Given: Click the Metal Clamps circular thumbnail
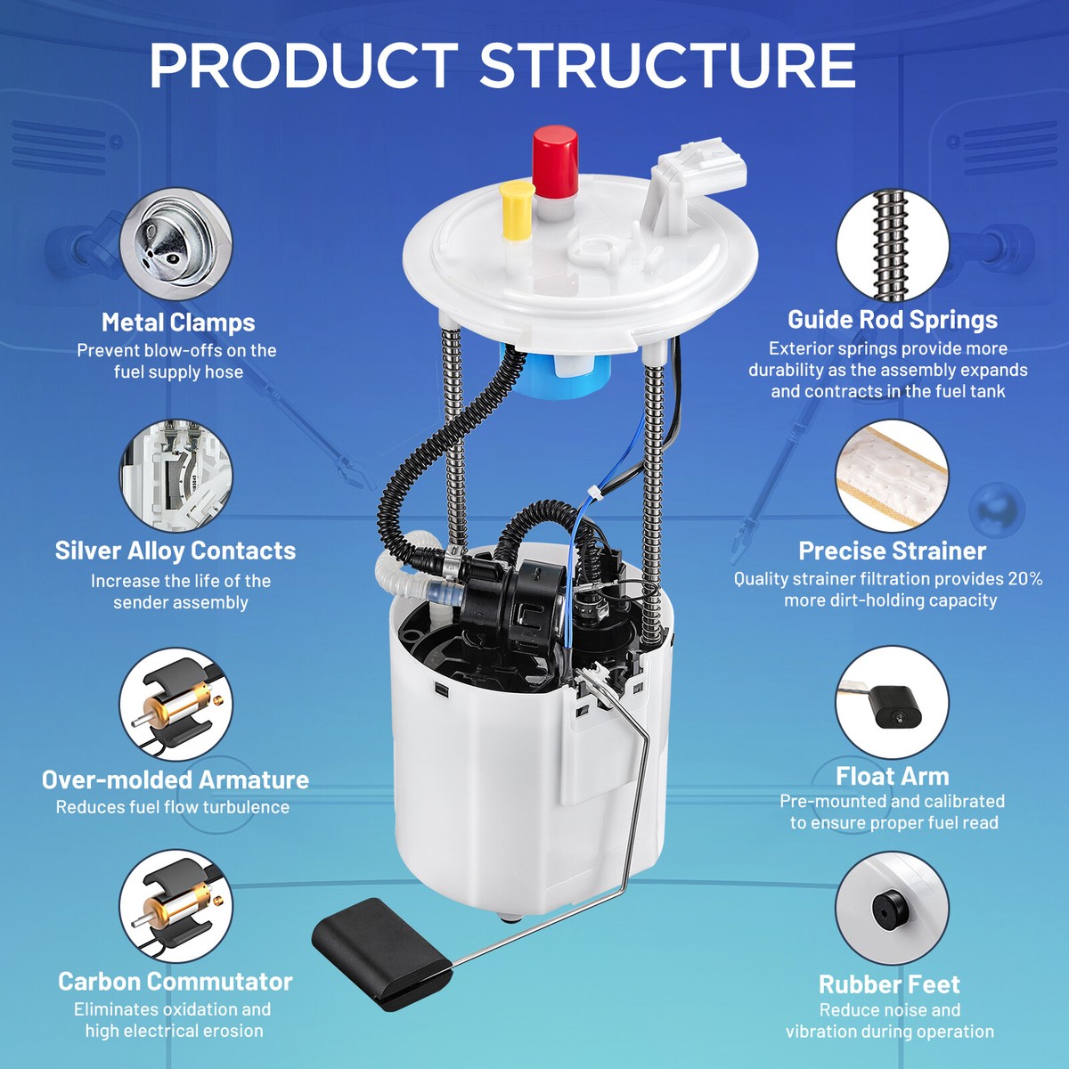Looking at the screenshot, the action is pyautogui.click(x=175, y=244).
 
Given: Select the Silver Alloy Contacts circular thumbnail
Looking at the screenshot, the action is pyautogui.click(x=175, y=476).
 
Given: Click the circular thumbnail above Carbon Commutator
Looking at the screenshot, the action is pyautogui.click(x=175, y=907).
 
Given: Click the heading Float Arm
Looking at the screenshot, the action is pyautogui.click(x=892, y=777).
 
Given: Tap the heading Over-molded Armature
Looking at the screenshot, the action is pyautogui.click(x=175, y=780).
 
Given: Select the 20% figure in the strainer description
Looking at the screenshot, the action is pyautogui.click(x=1025, y=579).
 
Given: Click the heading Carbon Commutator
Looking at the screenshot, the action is pyautogui.click(x=175, y=982).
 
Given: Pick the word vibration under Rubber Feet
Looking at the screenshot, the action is pyautogui.click(x=819, y=1032).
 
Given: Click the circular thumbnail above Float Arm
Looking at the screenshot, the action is pyautogui.click(x=892, y=702).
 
